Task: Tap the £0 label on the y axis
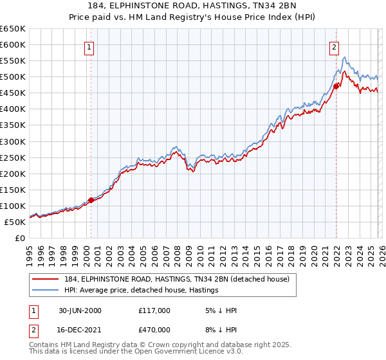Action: click(x=21, y=238)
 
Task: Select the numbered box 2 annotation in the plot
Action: click(x=335, y=46)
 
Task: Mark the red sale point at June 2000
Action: click(x=91, y=200)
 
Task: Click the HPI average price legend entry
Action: click(x=142, y=290)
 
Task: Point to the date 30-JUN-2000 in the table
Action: click(x=76, y=310)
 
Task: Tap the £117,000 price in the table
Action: click(x=154, y=310)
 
